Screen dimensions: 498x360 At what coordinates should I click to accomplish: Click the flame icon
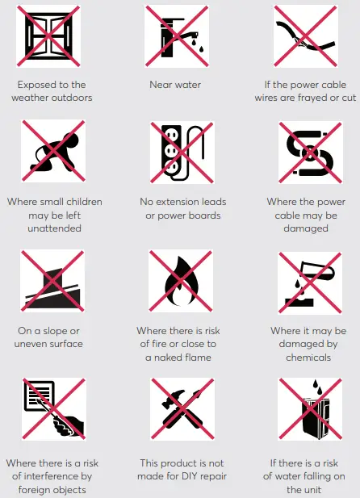point(175,282)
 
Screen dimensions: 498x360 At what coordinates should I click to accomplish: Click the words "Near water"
point(175,84)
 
